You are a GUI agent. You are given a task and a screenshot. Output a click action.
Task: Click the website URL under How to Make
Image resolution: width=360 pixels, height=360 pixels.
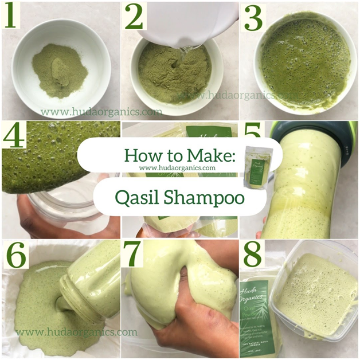[177, 168]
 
